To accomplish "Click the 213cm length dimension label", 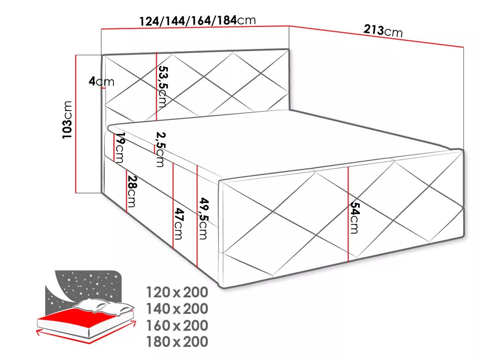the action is pyautogui.click(x=383, y=31).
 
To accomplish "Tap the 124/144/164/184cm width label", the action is pyautogui.click(x=198, y=21).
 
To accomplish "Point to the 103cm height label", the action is pyautogui.click(x=67, y=120).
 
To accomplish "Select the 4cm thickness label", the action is pyautogui.click(x=102, y=81).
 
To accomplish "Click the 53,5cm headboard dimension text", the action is pyautogui.click(x=162, y=87).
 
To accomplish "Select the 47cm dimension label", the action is pyautogui.click(x=178, y=224).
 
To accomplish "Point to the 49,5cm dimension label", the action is pyautogui.click(x=203, y=218).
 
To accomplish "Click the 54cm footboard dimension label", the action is pyautogui.click(x=354, y=218).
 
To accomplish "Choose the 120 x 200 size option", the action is pyautogui.click(x=177, y=292).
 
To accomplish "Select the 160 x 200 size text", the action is pyautogui.click(x=177, y=325).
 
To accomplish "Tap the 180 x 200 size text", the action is pyautogui.click(x=177, y=342).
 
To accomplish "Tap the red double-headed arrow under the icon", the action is pyautogui.click(x=86, y=333).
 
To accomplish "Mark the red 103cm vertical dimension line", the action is pyautogui.click(x=76, y=124).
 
